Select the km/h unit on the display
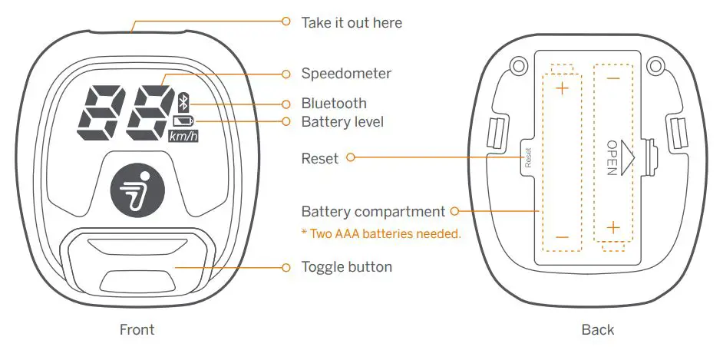point(183,136)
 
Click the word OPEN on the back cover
point(612,157)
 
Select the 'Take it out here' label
point(352,22)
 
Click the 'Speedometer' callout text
point(346,74)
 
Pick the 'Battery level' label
point(342,121)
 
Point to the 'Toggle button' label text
point(347,267)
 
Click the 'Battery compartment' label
point(373,211)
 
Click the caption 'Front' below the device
point(137,329)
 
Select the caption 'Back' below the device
point(597,329)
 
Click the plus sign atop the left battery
point(563,88)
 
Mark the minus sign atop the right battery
point(612,78)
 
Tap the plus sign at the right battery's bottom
point(612,226)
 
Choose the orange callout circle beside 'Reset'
point(351,158)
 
